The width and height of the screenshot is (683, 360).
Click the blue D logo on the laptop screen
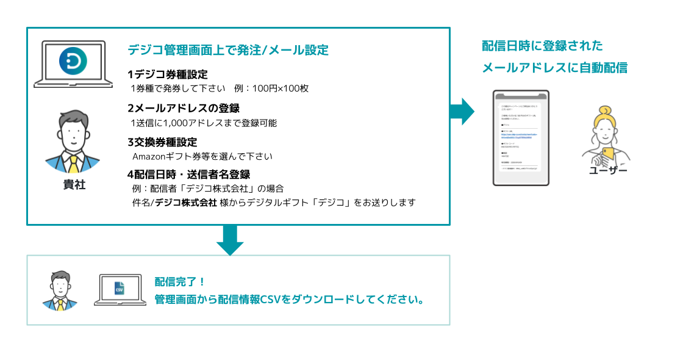click(x=73, y=61)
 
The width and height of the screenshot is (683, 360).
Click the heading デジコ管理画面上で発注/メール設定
click(x=228, y=50)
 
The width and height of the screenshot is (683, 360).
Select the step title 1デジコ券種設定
click(x=168, y=74)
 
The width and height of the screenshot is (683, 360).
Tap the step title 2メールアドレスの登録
click(x=183, y=109)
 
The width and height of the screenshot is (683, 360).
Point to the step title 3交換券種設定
click(x=162, y=142)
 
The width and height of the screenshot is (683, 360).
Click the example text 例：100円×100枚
click(x=271, y=88)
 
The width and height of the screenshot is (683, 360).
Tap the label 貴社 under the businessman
click(x=74, y=185)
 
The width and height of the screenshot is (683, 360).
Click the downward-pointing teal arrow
click(x=230, y=240)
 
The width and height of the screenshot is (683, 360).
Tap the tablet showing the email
click(x=521, y=137)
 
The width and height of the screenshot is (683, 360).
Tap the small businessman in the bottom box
click(x=60, y=290)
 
